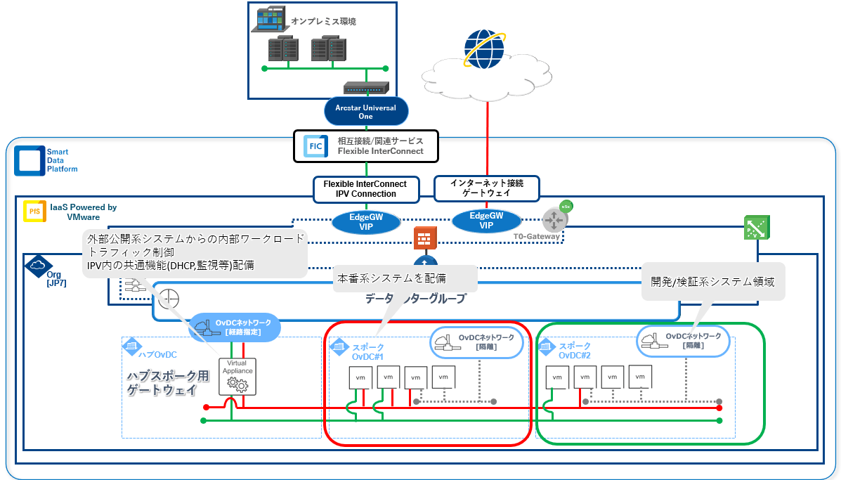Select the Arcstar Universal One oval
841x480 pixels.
pyautogui.click(x=365, y=112)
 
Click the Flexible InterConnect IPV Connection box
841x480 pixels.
pyautogui.click(x=365, y=189)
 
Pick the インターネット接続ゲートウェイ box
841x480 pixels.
pyautogui.click(x=486, y=188)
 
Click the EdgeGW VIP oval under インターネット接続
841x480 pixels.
pyautogui.click(x=486, y=221)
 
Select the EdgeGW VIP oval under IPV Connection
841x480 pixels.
pyautogui.click(x=366, y=222)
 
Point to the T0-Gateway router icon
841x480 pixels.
pyautogui.click(x=554, y=220)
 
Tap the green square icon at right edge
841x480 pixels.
pyautogui.click(x=755, y=228)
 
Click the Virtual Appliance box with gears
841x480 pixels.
pyautogui.click(x=234, y=377)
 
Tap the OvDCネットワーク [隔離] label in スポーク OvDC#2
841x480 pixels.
pyautogui.click(x=683, y=341)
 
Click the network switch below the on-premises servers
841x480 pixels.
pyautogui.click(x=365, y=89)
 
